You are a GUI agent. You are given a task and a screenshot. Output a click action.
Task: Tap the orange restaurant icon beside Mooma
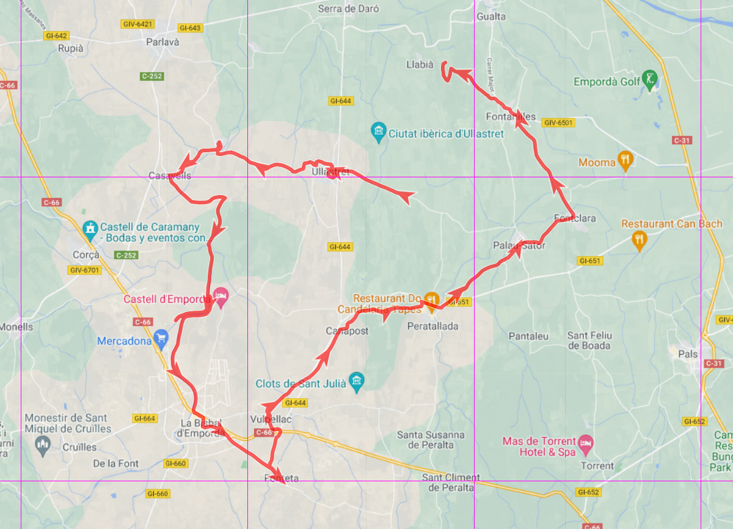click(x=625, y=160)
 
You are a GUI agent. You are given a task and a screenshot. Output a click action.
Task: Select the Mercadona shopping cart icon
click(x=161, y=339)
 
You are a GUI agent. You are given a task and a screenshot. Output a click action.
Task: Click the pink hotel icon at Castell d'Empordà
click(x=220, y=297)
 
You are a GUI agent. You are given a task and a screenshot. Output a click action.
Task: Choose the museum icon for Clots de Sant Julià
click(x=356, y=380)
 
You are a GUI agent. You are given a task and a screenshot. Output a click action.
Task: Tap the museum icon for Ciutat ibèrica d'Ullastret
click(x=379, y=131)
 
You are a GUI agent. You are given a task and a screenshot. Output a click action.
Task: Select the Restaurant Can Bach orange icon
click(x=639, y=240)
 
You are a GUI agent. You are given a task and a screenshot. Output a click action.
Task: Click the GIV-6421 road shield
click(x=137, y=24)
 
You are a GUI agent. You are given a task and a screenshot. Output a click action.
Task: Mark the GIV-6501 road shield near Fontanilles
click(x=558, y=122)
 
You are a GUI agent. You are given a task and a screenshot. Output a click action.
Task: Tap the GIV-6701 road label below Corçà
click(x=86, y=270)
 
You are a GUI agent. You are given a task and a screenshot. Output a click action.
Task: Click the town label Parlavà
click(x=163, y=42)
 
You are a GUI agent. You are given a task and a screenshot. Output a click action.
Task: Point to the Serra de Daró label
click(x=348, y=9)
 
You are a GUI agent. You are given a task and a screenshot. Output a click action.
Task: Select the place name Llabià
click(x=420, y=64)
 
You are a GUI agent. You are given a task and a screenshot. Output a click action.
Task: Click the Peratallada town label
click(x=432, y=326)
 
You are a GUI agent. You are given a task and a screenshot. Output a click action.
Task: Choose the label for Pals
click(x=687, y=353)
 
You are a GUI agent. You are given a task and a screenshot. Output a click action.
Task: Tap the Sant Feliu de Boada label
click(x=589, y=341)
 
